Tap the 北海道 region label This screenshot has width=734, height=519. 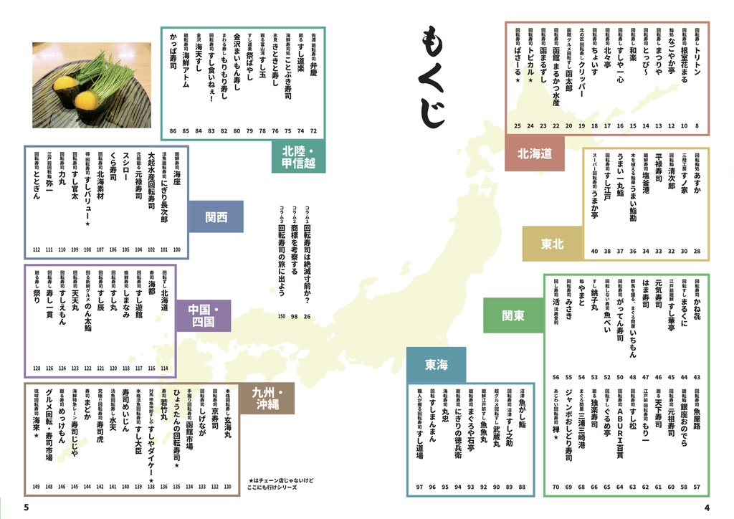(534, 153)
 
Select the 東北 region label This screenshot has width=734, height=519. (552, 244)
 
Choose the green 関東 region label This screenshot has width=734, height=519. (513, 315)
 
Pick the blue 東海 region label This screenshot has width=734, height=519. (436, 365)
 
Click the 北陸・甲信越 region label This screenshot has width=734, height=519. (298, 157)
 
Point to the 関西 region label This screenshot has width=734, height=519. (216, 217)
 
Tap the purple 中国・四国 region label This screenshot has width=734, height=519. (204, 316)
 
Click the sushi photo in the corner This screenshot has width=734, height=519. (91, 85)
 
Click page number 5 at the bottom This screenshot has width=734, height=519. (26, 508)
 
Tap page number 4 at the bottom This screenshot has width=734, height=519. (706, 508)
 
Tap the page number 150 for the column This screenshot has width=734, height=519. (282, 316)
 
